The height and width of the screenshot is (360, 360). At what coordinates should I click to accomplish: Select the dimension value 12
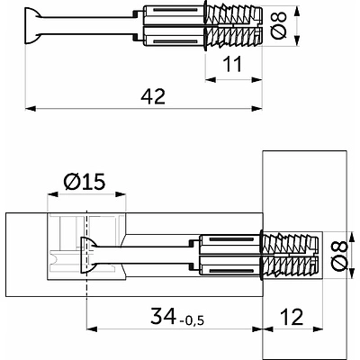click(292, 318)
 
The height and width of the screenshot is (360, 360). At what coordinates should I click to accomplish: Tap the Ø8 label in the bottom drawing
click(337, 256)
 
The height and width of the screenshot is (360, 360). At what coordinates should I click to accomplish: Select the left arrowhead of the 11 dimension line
click(209, 78)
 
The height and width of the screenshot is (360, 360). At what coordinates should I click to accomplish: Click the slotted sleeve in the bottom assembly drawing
click(229, 255)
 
